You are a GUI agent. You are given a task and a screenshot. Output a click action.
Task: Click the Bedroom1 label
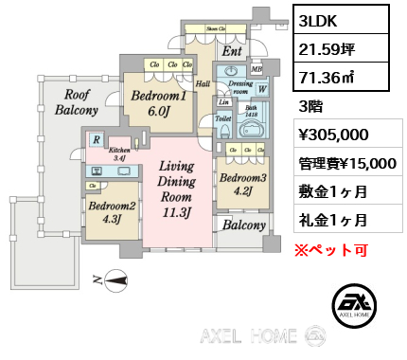[x=156, y=101]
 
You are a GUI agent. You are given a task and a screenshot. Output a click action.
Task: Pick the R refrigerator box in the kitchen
[x=96, y=138]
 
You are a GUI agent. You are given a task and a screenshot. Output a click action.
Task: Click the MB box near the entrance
[x=256, y=69]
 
